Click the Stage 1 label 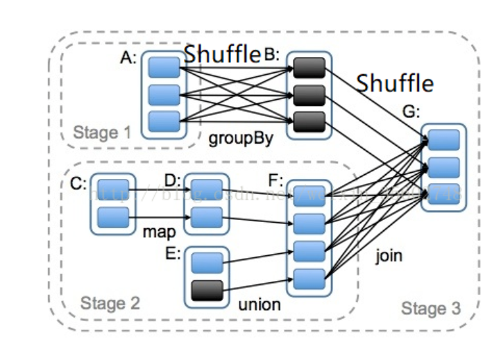pos(102,132)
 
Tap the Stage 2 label pos(110,302)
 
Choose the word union pos(259,304)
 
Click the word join pos(389,256)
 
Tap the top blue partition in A pos(164,68)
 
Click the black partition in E pos(207,289)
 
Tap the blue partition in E pos(207,262)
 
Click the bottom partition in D pos(206,217)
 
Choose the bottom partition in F pos(308,279)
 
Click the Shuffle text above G pos(395,84)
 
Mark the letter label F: pos(275,182)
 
